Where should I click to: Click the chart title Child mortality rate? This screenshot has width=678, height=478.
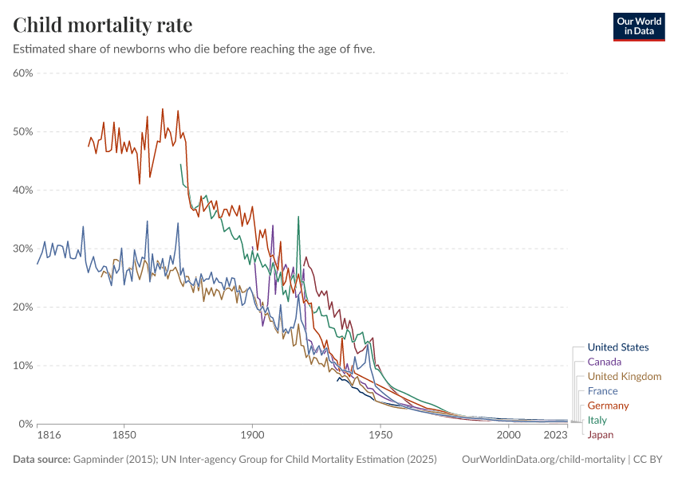click(102, 25)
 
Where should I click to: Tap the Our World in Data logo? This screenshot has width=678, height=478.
click(638, 26)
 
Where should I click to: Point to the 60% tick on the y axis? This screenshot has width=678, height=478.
click(22, 73)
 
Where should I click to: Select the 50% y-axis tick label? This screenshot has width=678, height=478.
click(22, 131)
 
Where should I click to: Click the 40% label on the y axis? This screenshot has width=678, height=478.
click(22, 190)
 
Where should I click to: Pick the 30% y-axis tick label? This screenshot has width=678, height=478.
click(22, 249)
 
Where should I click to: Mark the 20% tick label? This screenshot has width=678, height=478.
click(22, 308)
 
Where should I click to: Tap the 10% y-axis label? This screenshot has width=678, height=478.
click(22, 366)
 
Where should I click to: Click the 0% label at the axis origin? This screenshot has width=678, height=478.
click(25, 424)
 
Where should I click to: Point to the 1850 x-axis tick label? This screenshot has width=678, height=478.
click(124, 436)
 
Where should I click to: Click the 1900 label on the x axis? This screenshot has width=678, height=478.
click(252, 436)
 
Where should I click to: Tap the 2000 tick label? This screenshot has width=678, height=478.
click(509, 436)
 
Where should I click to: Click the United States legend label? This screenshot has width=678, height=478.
click(617, 347)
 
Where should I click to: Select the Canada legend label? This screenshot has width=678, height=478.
click(604, 362)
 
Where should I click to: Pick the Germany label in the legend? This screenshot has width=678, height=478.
click(608, 406)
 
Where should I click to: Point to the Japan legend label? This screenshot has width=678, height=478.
click(600, 435)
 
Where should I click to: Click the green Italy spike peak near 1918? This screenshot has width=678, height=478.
click(298, 216)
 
